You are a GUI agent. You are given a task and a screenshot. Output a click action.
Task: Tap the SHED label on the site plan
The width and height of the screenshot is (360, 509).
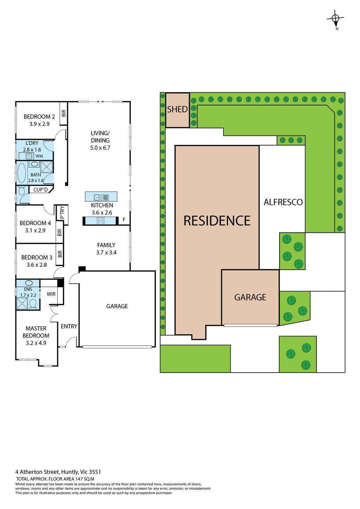point(177,109)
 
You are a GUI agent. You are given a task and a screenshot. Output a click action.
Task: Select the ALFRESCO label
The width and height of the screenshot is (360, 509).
point(283,202)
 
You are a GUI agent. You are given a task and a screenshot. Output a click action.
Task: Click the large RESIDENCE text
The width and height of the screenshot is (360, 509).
point(217,220)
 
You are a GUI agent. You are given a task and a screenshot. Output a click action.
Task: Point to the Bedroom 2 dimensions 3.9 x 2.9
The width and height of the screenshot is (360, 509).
point(39,124)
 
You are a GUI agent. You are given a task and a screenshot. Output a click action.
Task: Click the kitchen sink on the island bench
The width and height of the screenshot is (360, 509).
point(102,197)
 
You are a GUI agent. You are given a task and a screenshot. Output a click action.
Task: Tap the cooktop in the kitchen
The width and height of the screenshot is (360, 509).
point(101,220)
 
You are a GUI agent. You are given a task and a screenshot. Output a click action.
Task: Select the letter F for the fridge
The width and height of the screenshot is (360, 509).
point(124,219)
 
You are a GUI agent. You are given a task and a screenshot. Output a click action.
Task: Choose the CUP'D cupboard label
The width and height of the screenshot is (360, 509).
point(40,189)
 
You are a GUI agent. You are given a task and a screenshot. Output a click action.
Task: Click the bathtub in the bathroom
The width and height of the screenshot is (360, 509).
point(21,173)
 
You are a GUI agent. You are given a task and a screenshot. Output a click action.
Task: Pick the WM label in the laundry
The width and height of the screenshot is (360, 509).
point(39,156)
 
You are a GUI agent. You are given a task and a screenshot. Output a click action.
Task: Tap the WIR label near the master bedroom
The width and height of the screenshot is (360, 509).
point(51,294)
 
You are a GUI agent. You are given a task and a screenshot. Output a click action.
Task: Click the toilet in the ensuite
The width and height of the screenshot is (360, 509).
point(33,304)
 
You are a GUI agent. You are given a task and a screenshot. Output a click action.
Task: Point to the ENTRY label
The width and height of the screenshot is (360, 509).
point(69,326)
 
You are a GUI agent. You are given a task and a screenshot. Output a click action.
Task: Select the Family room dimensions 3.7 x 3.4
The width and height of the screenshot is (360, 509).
point(107,252)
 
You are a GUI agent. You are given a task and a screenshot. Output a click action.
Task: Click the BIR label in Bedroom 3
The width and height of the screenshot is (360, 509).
point(60,254)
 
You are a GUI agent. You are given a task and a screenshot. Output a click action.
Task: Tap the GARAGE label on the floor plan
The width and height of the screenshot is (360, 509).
point(117,306)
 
